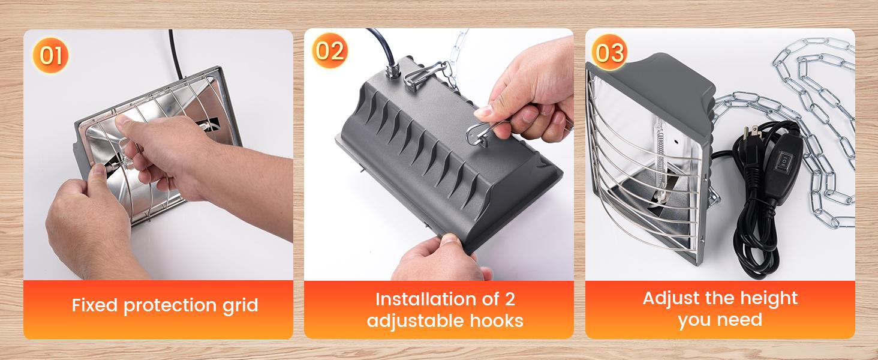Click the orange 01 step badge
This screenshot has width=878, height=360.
[x=51, y=56]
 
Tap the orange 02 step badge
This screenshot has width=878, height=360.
[x=330, y=51]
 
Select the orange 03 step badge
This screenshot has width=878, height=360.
[x=610, y=53]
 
